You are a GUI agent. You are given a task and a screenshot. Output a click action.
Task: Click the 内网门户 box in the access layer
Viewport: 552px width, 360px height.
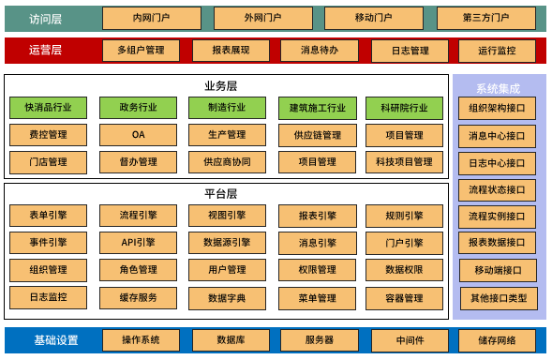click(150, 18)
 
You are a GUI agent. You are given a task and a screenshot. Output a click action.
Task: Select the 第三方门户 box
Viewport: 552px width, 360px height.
click(486, 18)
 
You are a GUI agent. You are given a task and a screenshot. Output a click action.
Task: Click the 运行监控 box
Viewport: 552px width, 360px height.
click(496, 51)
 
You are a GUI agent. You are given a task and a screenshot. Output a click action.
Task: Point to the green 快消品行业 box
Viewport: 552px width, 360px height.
click(48, 109)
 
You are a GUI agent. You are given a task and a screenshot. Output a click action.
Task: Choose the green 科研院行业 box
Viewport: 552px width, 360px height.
click(404, 109)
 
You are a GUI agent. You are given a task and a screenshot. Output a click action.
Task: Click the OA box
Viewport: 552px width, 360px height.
click(138, 135)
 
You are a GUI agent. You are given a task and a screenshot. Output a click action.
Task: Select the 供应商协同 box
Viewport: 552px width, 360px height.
click(227, 162)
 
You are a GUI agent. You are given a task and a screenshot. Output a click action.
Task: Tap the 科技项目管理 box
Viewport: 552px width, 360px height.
click(404, 162)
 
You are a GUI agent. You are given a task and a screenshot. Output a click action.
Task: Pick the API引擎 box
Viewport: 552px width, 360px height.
click(138, 243)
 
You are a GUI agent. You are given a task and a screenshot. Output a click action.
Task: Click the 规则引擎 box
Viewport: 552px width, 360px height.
click(404, 216)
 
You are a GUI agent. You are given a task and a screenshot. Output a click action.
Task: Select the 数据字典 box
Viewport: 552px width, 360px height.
click(227, 298)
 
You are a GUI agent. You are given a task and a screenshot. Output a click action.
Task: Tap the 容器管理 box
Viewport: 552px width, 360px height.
click(404, 298)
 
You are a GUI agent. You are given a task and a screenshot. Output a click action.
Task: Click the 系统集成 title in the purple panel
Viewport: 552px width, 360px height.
click(498, 88)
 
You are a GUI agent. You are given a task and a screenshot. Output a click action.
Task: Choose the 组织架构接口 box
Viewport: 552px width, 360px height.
click(498, 108)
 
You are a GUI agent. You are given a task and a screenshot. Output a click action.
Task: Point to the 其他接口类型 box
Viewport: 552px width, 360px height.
click(498, 299)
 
